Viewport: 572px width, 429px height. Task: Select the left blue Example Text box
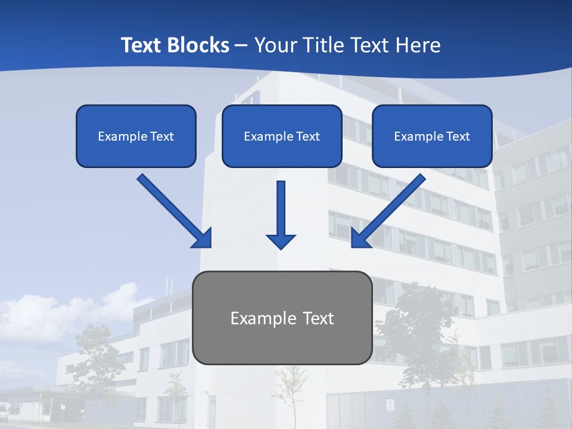pos(136,136)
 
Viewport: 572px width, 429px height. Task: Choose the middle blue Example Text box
pos(282,136)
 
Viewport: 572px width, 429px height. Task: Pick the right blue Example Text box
pos(432,136)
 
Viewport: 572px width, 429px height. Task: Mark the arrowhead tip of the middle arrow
pos(281,248)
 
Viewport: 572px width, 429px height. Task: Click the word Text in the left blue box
pos(162,136)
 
